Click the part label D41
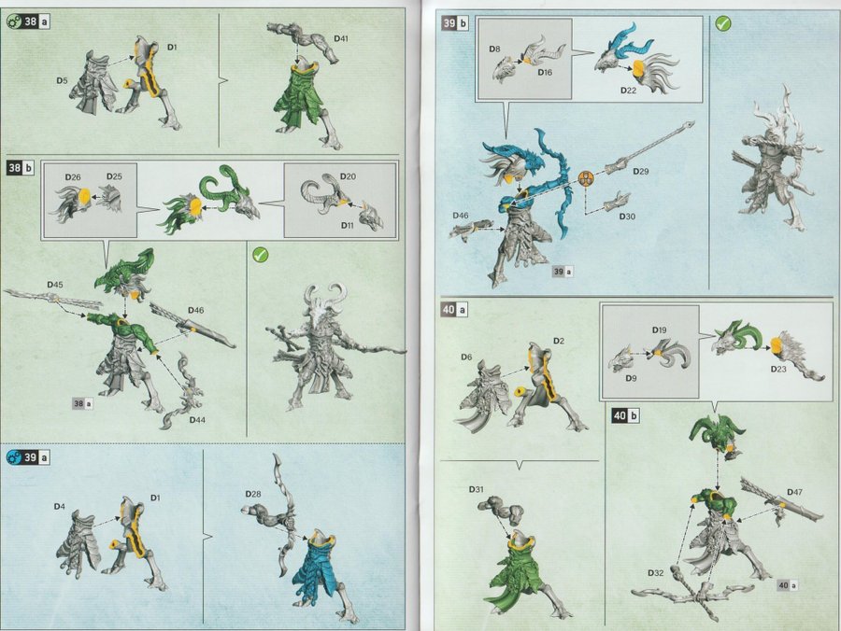(340, 38)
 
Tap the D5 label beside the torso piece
(63, 81)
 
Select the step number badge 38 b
(20, 168)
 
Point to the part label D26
(73, 176)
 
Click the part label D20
(348, 176)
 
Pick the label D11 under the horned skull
(348, 226)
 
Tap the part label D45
(55, 285)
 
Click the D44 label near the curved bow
(197, 419)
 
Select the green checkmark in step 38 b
(260, 255)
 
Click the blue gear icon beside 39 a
(13, 457)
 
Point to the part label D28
(253, 494)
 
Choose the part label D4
(60, 506)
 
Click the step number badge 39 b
(455, 23)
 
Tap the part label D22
(628, 90)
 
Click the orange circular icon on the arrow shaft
(586, 178)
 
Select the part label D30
(627, 217)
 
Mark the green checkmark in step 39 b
(723, 24)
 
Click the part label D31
(476, 489)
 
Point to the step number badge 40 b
(626, 415)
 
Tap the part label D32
(655, 572)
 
